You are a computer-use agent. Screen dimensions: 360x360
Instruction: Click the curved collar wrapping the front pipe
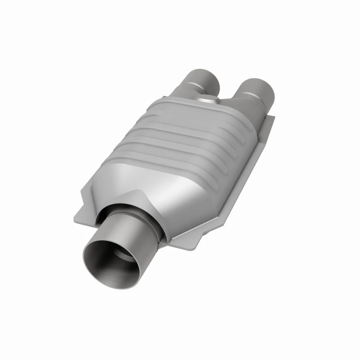coord(130,211)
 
